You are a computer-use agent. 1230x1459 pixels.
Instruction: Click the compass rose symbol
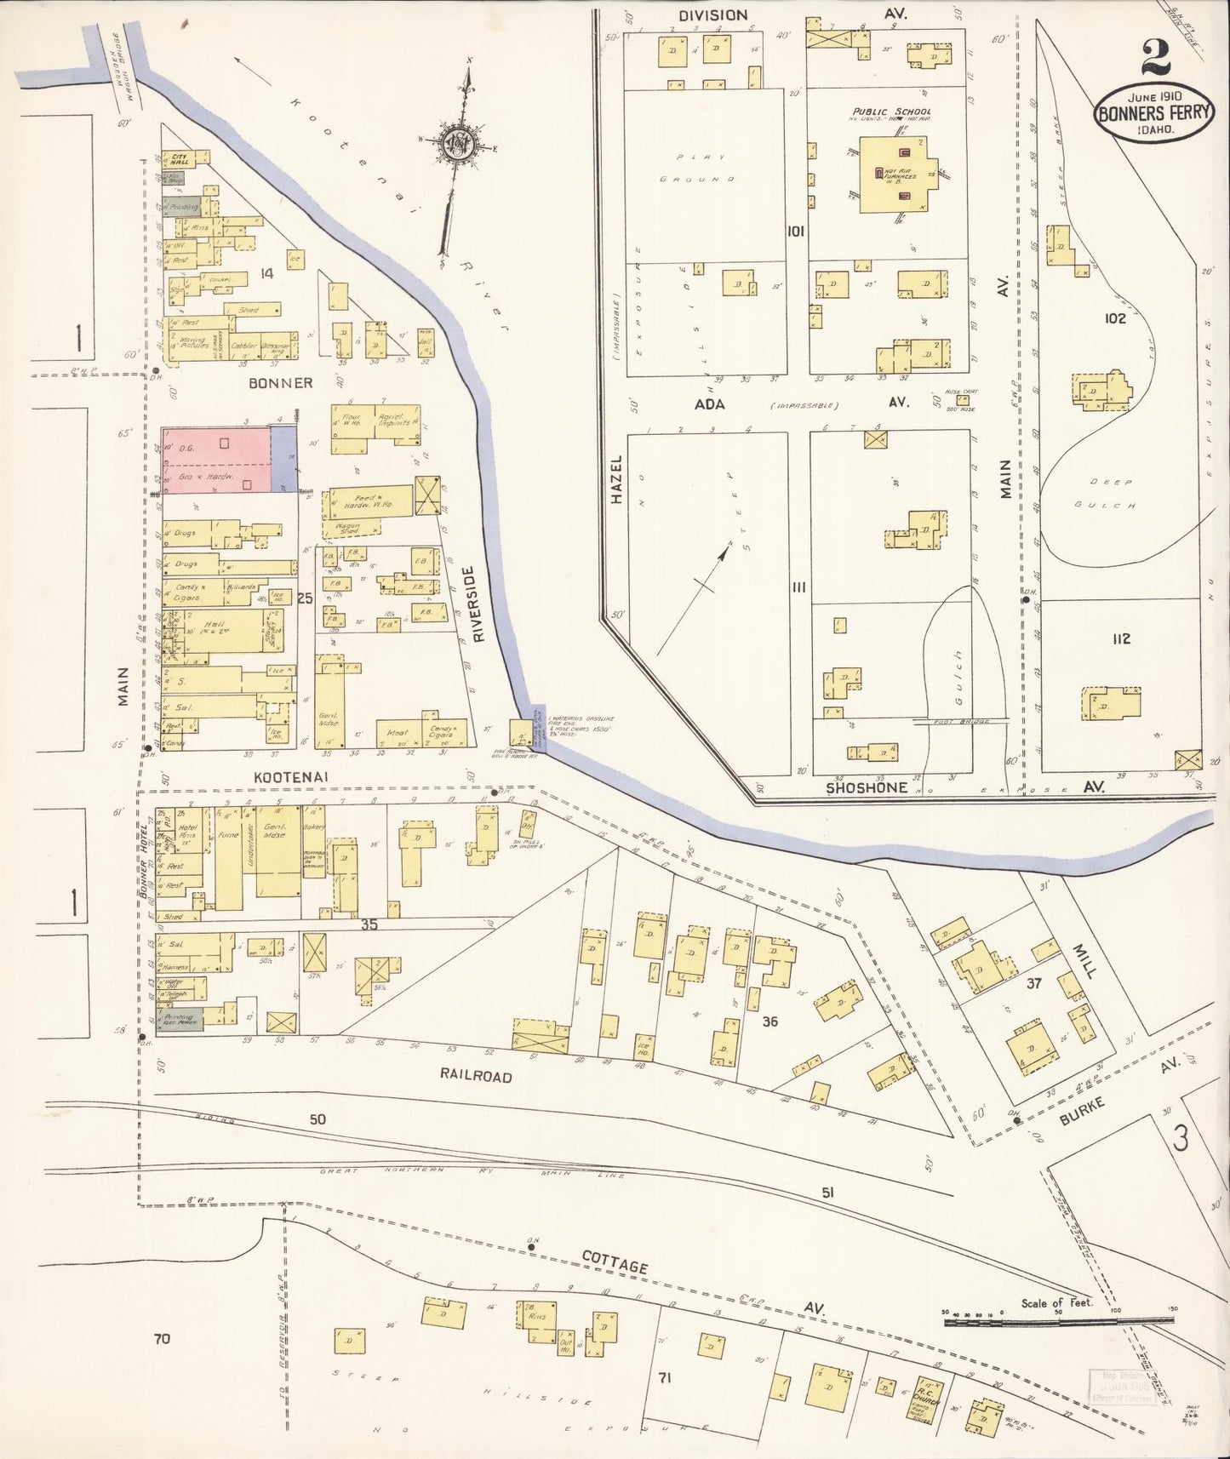pyautogui.click(x=461, y=146)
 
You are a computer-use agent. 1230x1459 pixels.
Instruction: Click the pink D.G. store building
pyautogui.click(x=217, y=460)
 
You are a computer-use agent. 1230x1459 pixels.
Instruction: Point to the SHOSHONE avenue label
pyautogui.click(x=867, y=787)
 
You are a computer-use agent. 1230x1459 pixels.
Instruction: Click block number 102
pyautogui.click(x=1115, y=318)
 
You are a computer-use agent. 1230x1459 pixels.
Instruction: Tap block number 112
pyautogui.click(x=1121, y=638)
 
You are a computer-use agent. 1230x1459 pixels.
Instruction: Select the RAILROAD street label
pyautogui.click(x=476, y=1076)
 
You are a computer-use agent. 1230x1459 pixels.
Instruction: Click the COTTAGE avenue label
pyautogui.click(x=616, y=1267)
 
